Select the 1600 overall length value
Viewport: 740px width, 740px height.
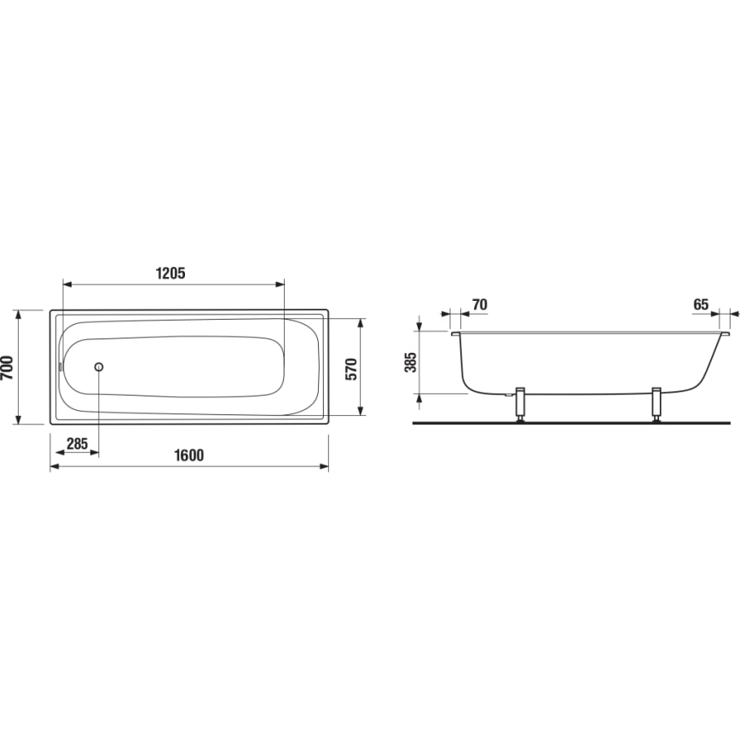(x=188, y=455)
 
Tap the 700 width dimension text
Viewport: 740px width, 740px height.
(x=8, y=367)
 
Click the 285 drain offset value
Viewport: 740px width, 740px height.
(x=78, y=443)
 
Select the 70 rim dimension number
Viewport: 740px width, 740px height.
(x=479, y=304)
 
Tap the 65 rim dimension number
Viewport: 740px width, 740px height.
(x=701, y=304)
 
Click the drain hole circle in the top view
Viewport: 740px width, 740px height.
(x=99, y=367)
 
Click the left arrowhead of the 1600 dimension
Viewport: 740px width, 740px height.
(x=55, y=466)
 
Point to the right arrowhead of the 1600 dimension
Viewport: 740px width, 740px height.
(x=324, y=466)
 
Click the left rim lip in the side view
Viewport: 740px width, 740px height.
(x=455, y=335)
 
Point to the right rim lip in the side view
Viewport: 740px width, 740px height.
(x=724, y=335)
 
